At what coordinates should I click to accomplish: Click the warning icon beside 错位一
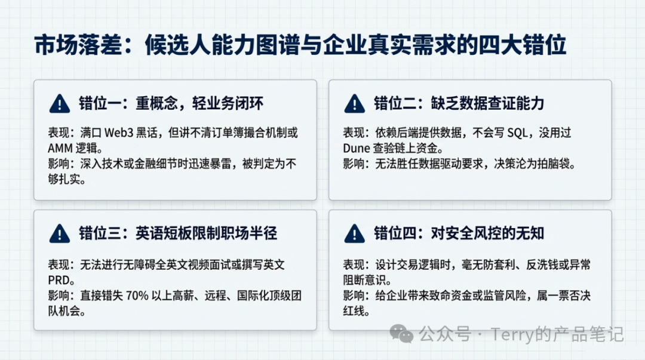click(x=60, y=104)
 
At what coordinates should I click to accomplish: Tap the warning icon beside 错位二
click(x=355, y=104)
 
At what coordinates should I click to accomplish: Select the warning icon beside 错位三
click(x=60, y=233)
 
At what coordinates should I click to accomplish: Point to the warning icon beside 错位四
click(x=355, y=233)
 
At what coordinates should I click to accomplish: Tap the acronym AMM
click(x=60, y=148)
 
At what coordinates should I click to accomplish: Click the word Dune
click(x=356, y=148)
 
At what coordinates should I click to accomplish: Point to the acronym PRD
click(x=59, y=280)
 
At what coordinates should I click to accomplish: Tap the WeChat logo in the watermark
click(x=401, y=333)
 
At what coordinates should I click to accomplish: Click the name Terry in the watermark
click(x=512, y=334)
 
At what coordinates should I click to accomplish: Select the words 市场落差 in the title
click(x=79, y=45)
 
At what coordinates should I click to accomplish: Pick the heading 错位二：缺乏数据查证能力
click(x=459, y=103)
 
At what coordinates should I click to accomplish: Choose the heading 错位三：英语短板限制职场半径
click(x=178, y=233)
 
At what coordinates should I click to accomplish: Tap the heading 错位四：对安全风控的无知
click(x=459, y=233)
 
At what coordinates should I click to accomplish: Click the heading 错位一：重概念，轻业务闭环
click(x=171, y=103)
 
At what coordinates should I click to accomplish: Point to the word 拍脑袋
click(x=554, y=164)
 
